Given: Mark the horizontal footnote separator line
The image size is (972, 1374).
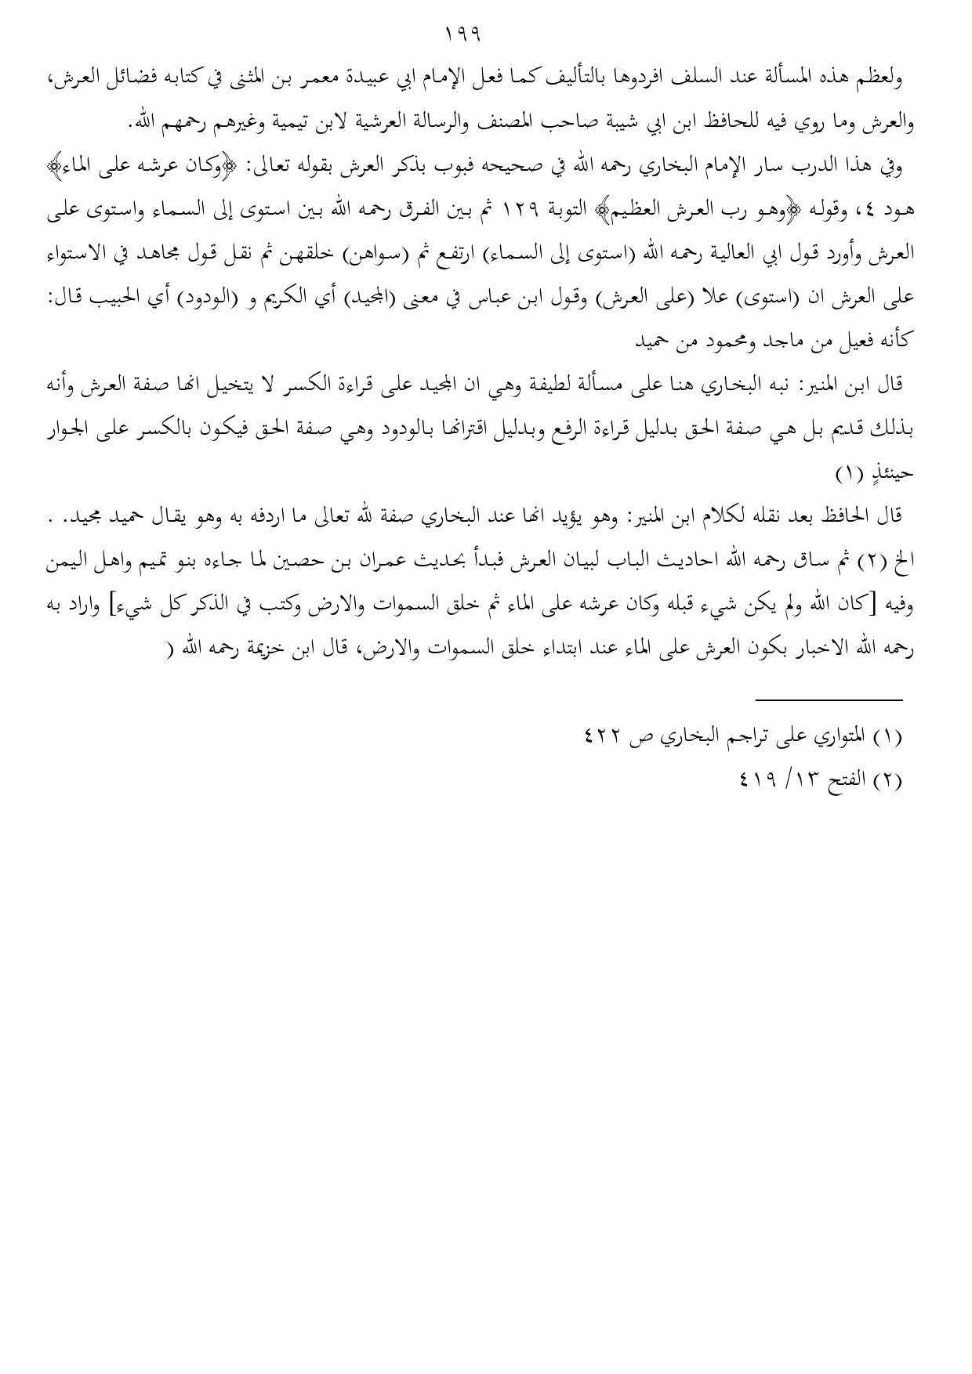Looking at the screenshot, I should coord(829,700).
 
